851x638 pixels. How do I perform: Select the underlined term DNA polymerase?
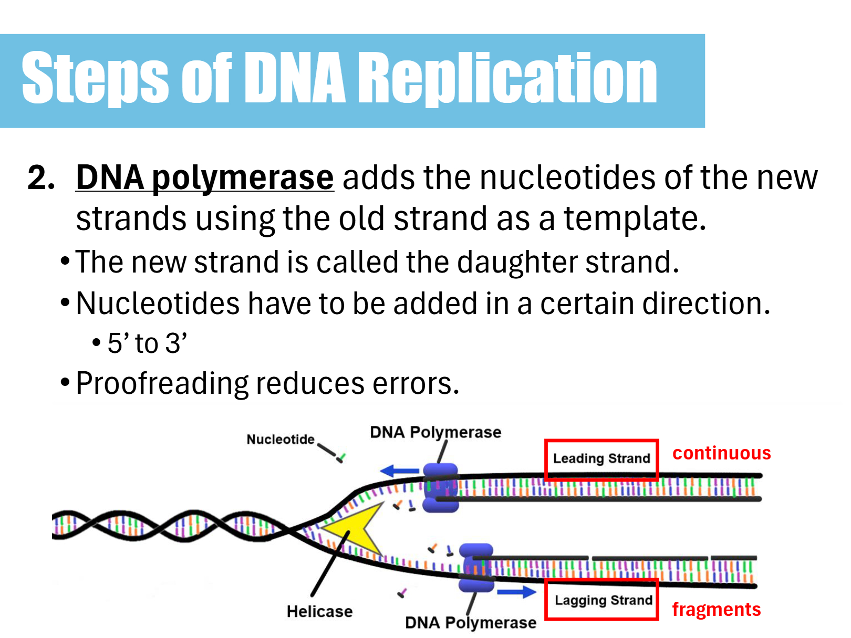coord(205,178)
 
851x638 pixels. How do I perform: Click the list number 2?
coord(41,177)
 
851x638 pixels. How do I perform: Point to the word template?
coord(635,218)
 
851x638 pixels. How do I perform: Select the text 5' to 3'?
coord(147,343)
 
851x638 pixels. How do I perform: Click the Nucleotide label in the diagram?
coord(281,439)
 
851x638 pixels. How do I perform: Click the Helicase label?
coord(319,611)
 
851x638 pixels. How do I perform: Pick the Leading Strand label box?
coord(601,459)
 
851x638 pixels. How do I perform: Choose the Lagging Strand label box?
coord(602,600)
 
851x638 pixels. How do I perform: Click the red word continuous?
coord(721,453)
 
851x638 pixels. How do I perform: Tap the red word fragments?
coord(716,610)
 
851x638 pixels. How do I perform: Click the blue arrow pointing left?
coord(400,470)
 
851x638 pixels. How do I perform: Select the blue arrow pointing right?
coord(517,592)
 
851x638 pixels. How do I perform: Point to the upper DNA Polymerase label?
coord(435,432)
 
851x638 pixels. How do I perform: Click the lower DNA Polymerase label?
coord(471,622)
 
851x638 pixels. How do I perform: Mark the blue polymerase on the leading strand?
coord(440,488)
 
